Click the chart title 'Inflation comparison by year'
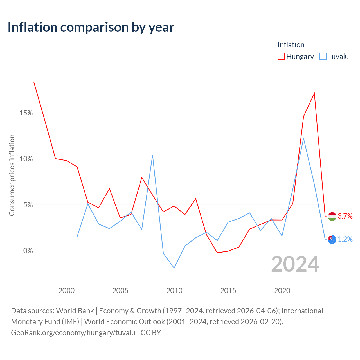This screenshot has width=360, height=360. click(91, 27)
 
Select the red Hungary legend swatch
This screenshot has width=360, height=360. click(281, 56)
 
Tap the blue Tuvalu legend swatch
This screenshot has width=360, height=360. click(323, 56)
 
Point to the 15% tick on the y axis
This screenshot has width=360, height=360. click(26, 113)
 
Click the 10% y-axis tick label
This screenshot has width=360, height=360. click(26, 159)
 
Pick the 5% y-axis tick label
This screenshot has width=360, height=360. click(28, 205)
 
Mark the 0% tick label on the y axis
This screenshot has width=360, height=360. click(28, 251)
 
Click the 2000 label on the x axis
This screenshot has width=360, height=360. click(66, 291)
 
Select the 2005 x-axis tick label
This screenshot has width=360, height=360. click(120, 291)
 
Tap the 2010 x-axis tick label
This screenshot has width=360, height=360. click(174, 291)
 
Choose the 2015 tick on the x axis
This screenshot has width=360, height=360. click(228, 291)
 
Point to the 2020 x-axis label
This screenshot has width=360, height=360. click(282, 291)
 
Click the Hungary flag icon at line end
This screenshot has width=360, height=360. click(332, 217)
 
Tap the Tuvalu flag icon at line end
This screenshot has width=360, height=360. click(332, 240)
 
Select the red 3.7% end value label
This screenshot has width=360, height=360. click(345, 216)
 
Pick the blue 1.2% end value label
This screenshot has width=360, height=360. click(345, 239)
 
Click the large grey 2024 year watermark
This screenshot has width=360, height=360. click(295, 264)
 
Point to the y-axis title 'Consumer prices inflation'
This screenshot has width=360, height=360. click(12, 175)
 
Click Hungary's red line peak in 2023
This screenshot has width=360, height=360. click(314, 93)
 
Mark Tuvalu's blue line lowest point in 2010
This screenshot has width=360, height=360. click(174, 268)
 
